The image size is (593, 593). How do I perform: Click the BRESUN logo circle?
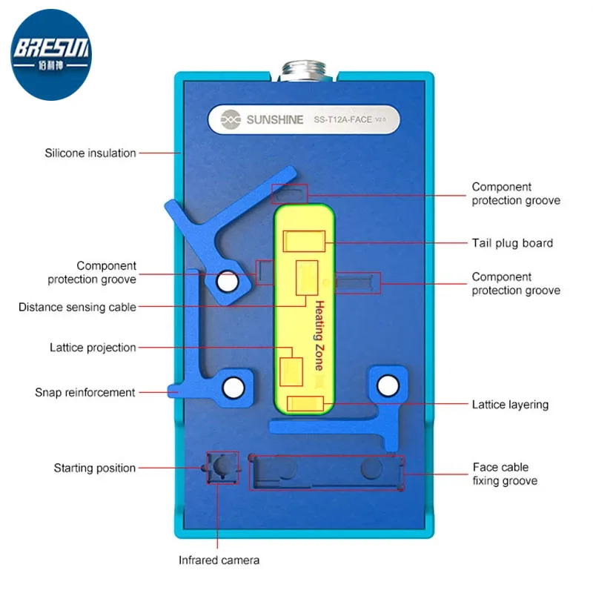(x=51, y=55)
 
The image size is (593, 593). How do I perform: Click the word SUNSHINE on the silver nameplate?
(x=275, y=120)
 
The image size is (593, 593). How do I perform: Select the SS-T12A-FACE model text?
(x=342, y=120)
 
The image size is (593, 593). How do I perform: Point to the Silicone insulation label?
(x=90, y=153)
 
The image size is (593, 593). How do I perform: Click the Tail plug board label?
(x=512, y=243)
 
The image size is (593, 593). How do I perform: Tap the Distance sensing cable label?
(x=77, y=307)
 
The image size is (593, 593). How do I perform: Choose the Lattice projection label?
(x=93, y=348)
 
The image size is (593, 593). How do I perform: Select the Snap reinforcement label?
(x=85, y=393)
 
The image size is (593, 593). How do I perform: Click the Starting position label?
(x=95, y=468)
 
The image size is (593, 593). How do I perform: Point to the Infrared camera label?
(x=219, y=560)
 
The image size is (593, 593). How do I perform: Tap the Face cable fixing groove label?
(x=505, y=474)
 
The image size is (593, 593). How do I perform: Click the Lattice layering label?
(x=510, y=405)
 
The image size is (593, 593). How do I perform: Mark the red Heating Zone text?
(x=320, y=336)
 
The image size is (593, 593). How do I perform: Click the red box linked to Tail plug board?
(x=304, y=241)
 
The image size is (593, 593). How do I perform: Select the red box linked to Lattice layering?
(x=305, y=403)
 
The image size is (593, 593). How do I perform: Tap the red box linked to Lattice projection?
(x=291, y=372)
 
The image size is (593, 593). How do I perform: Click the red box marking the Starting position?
(x=223, y=468)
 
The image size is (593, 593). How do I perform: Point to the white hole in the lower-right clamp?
(x=388, y=385)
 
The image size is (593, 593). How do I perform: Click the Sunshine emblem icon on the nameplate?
(x=231, y=119)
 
